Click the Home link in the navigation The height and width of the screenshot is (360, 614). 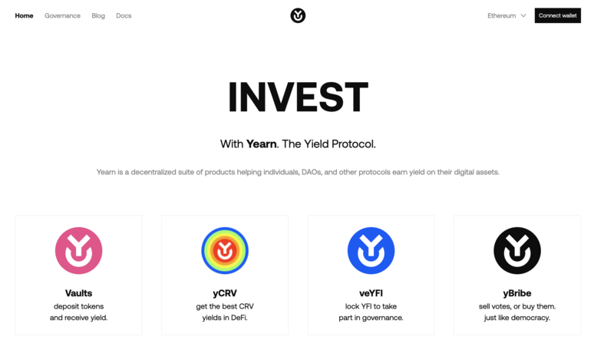24,15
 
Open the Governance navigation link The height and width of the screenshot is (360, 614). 62,15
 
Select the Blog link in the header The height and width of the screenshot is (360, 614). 98,15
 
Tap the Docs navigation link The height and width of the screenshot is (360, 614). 124,15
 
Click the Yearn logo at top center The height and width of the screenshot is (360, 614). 298,15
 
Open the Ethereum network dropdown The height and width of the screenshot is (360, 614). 507,15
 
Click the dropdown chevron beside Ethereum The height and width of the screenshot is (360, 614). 523,15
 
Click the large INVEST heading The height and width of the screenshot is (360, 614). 298,97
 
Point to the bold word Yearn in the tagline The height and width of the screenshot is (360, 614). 261,144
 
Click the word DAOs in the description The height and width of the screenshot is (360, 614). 312,172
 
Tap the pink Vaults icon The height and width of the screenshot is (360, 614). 79,251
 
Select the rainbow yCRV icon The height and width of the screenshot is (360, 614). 225,251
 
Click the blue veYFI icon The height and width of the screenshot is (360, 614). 371,251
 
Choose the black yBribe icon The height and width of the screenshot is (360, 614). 517,251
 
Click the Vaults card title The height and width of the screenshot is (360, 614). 79,293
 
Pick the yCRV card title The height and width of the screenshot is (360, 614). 225,293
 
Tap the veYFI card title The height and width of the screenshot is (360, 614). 371,293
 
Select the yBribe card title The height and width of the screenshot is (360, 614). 517,293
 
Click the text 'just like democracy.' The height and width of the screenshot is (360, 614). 517,318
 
